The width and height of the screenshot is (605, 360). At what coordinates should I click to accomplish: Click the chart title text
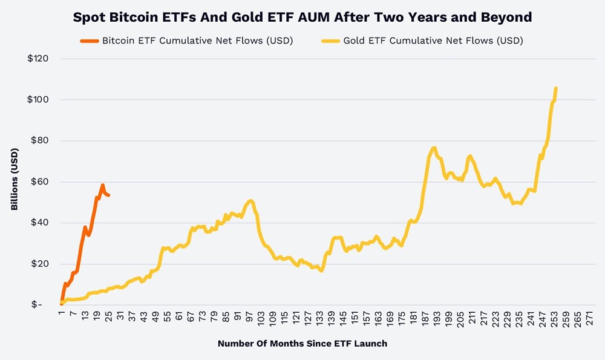pos(302,18)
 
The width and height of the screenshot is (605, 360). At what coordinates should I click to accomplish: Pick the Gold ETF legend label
pos(433,42)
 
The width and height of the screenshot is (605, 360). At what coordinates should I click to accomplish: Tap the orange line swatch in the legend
pos(89,42)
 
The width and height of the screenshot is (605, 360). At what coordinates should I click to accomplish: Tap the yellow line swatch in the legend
pos(329,42)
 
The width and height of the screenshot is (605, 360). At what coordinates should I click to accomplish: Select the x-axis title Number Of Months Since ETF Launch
pos(302,343)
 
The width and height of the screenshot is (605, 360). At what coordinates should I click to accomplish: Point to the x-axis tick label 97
pos(249,318)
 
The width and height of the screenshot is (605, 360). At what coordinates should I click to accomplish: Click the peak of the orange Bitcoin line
pos(103,185)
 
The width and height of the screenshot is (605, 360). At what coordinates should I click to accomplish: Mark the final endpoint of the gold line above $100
pos(555,88)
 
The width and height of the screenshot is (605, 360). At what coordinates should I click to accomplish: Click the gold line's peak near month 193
pos(434,148)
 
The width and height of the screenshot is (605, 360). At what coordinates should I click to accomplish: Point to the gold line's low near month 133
pos(322,270)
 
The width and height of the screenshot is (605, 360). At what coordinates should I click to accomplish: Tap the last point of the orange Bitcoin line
pos(108,195)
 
